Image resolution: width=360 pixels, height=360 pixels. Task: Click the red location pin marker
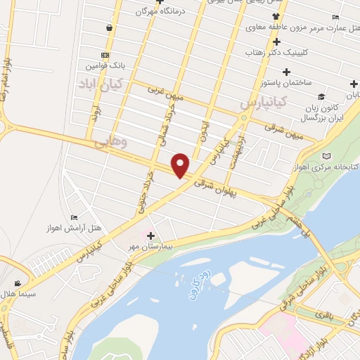pos(181,165)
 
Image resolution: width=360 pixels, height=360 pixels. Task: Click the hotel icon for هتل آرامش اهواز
pos(75,218)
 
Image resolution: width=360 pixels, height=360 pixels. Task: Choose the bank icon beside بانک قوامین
pos(105,55)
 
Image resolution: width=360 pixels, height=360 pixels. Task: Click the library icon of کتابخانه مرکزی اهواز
pos(326,156)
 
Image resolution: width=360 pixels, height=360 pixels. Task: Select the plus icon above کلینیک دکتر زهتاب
pos(277,41)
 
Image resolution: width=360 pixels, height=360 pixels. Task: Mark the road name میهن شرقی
pos(288,131)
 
